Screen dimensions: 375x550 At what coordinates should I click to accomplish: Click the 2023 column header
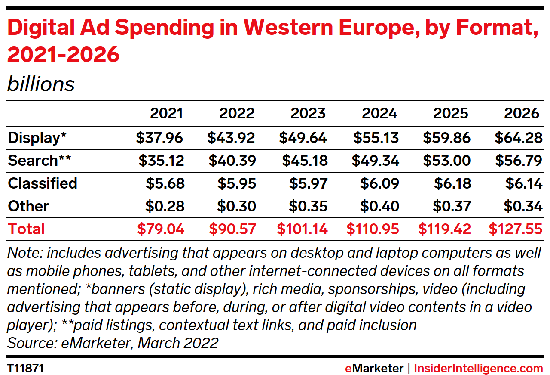308,113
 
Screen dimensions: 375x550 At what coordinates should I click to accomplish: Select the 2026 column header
522,113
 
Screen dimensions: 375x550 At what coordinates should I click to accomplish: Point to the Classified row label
43,183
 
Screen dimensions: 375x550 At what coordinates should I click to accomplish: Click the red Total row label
26,229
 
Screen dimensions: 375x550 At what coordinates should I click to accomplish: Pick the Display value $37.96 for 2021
160,138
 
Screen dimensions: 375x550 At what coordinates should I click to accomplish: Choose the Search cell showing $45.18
305,161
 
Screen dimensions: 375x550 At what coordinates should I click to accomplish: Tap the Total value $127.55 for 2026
515,229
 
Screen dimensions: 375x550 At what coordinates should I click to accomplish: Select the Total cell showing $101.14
302,229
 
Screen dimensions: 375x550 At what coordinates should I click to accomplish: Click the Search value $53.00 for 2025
446,161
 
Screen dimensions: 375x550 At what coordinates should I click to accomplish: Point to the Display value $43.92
231,138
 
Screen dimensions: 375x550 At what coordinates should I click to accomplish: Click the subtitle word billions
41,84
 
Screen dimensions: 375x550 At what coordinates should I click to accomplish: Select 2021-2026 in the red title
63,55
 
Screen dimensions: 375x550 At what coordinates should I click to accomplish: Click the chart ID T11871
25,369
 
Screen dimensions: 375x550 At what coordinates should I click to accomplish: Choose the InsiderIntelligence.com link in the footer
478,369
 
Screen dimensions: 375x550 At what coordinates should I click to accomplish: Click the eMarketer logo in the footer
374,369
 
